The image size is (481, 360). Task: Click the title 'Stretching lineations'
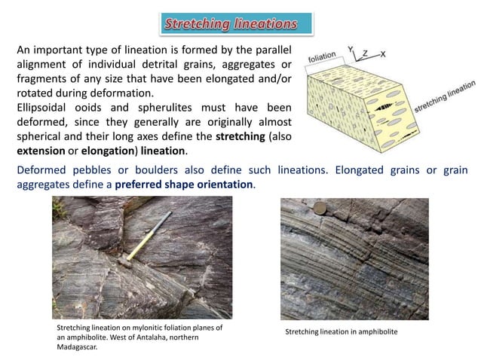[x=231, y=24]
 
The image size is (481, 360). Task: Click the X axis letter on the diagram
[x=384, y=53]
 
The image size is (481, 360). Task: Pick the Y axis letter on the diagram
[x=351, y=48]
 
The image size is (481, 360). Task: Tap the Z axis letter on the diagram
[x=365, y=53]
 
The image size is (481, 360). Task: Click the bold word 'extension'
[x=41, y=151]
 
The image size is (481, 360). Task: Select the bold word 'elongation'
[x=113, y=151]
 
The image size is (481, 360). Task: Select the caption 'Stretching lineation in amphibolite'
[x=341, y=332]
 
